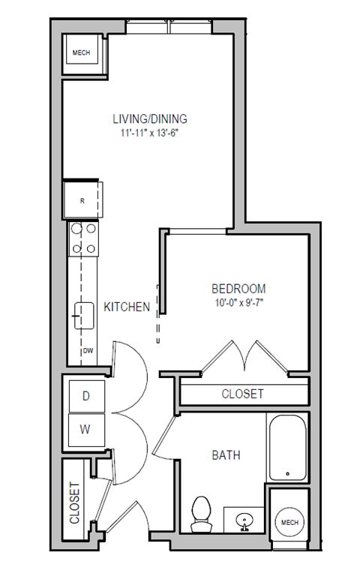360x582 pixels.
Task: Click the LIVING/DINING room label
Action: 149,118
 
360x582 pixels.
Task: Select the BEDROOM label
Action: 238,289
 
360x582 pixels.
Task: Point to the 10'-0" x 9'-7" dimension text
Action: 238,303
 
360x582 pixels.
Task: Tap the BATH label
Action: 226,454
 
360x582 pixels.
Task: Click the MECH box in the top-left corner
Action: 81,54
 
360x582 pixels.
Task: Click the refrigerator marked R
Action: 82,199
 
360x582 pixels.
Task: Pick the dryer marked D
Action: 85,394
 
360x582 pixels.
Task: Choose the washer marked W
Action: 85,430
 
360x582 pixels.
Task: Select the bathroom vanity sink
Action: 245,518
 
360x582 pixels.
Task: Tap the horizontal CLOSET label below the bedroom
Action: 242,394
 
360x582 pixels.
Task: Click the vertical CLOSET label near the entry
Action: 75,502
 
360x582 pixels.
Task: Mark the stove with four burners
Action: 82,238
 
